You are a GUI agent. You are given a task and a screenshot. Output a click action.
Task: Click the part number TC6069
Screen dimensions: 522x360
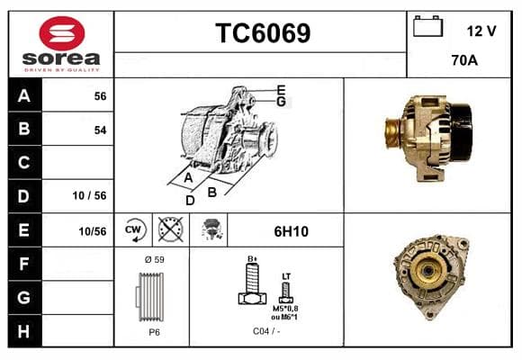263,33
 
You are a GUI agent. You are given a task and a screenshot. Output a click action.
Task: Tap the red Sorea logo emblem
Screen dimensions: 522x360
62,33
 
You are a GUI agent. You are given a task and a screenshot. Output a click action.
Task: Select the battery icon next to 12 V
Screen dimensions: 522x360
427,26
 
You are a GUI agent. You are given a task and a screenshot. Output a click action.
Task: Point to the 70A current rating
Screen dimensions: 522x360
464,60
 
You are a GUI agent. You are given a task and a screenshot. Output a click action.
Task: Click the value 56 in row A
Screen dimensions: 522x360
100,96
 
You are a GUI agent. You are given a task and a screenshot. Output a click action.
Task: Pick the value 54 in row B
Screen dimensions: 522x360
100,130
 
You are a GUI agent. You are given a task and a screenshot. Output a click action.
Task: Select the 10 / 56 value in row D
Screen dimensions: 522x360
90,195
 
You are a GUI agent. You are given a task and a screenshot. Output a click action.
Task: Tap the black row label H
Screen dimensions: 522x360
24,331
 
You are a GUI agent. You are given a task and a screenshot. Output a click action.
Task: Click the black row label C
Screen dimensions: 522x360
24,163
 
